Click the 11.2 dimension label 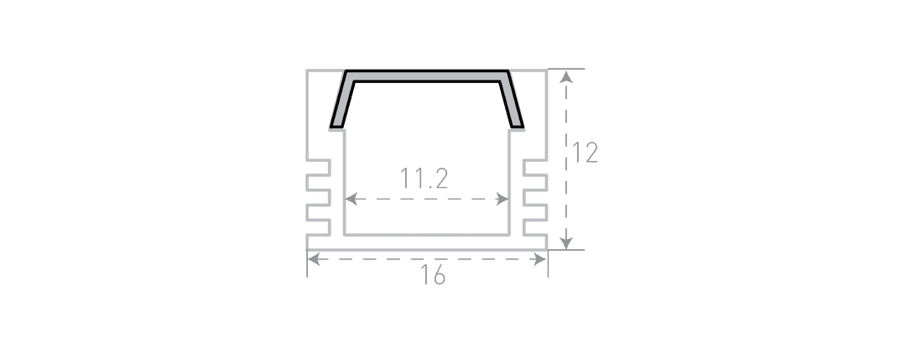424,179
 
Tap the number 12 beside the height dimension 585,153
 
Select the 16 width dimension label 433,275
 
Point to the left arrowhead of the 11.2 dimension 351,200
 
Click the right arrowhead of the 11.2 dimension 502,200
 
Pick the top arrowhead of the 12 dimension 566,77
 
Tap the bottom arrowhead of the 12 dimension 566,243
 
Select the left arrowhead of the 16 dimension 314,259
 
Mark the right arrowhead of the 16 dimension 540,259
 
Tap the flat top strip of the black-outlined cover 427,76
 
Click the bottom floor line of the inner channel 427,235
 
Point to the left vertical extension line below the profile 307,263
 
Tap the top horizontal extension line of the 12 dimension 566,69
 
